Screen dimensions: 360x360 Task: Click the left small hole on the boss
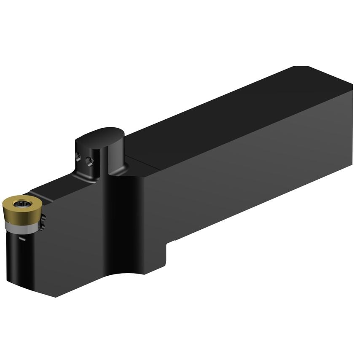coord(79,157)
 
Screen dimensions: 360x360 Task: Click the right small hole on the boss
coord(89,161)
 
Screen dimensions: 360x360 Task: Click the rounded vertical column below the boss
coord(122,219)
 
